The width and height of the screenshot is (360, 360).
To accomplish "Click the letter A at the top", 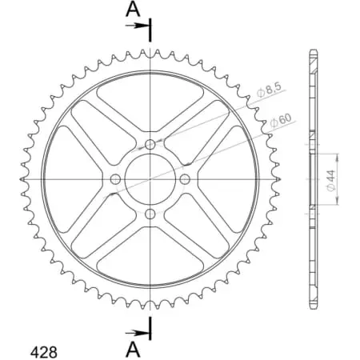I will (133, 10).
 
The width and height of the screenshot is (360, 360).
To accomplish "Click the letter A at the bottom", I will (134, 350).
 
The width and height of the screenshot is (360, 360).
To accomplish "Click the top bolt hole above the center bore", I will (150, 145).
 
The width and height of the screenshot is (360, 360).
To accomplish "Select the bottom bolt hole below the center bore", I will (150, 214).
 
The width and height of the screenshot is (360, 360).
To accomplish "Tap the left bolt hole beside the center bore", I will (116, 179).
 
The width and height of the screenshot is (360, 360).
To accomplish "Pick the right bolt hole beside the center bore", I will (185, 179).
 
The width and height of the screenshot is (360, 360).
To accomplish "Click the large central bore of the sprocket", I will (150, 179).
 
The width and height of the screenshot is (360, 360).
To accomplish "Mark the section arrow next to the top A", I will (141, 26).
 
